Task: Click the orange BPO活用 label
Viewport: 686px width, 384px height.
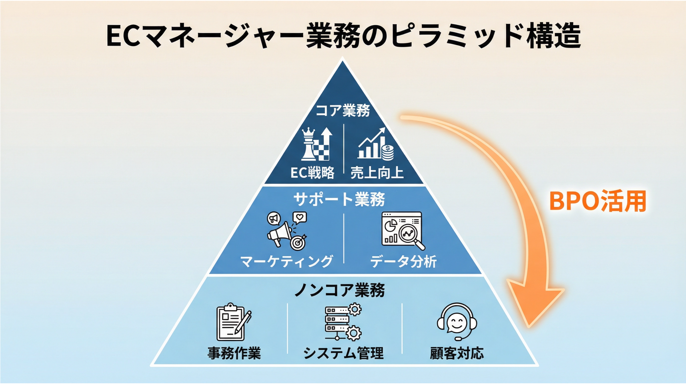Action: pyautogui.click(x=598, y=201)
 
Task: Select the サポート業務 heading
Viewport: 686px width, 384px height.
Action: pyautogui.click(x=339, y=199)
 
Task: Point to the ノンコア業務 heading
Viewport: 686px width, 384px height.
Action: pyautogui.click(x=340, y=290)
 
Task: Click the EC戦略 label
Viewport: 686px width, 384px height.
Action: pyautogui.click(x=312, y=173)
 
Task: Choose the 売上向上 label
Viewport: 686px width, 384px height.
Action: pyautogui.click(x=377, y=173)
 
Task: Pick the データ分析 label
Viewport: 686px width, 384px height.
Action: pyautogui.click(x=404, y=261)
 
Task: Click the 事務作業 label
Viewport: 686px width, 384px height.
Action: pyautogui.click(x=234, y=353)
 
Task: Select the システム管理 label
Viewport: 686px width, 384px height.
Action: pyautogui.click(x=343, y=353)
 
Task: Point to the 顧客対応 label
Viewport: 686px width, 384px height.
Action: pyautogui.click(x=457, y=353)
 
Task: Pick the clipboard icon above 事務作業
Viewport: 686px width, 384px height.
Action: pyautogui.click(x=231, y=322)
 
